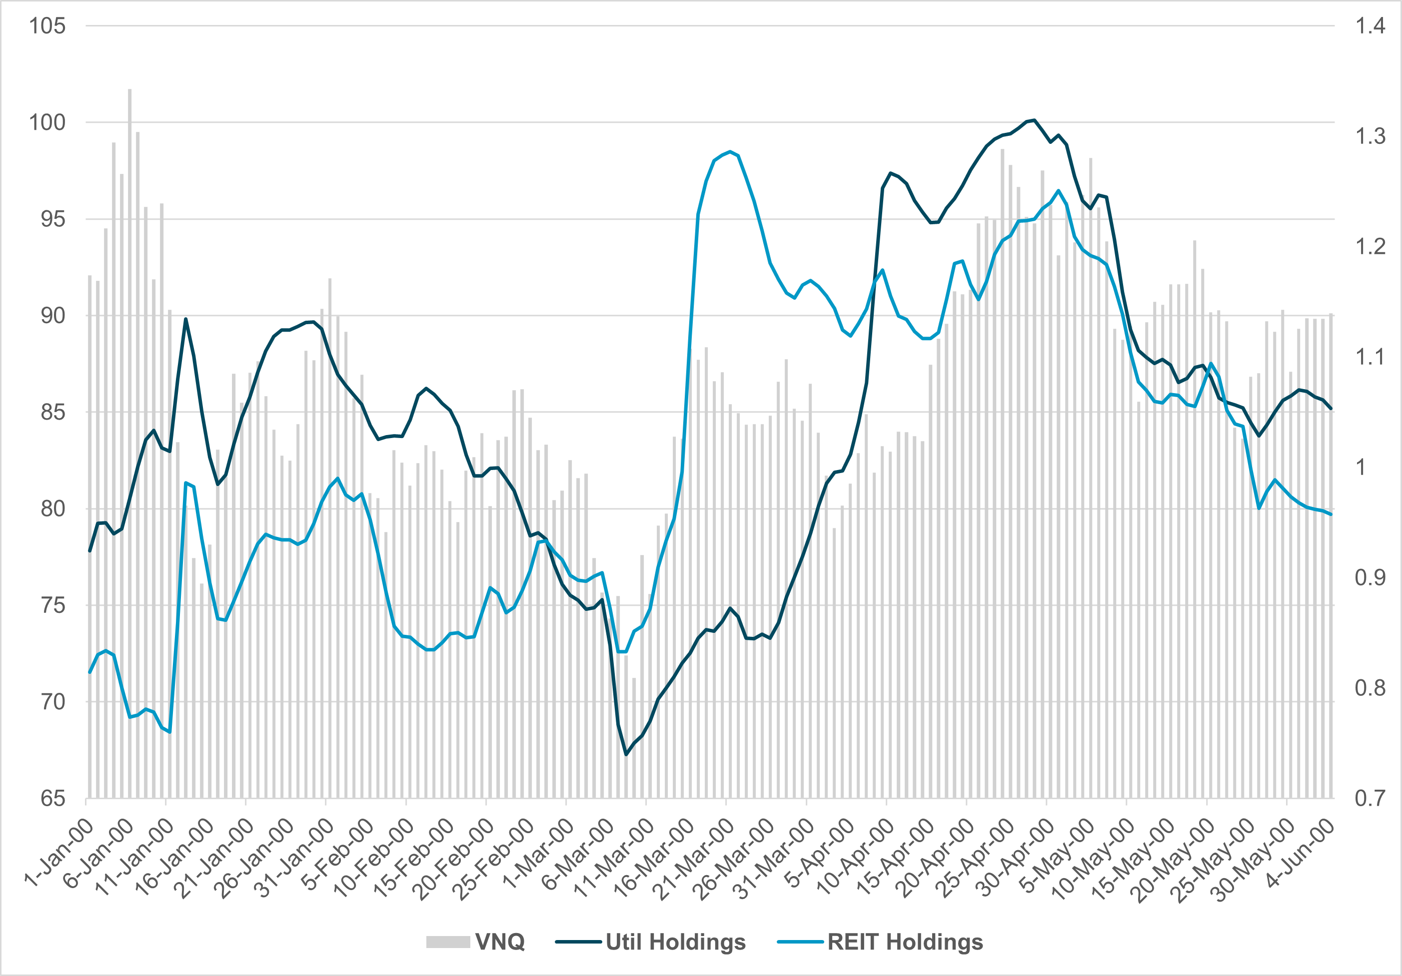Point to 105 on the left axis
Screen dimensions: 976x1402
(47, 25)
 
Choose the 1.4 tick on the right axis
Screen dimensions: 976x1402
(1370, 25)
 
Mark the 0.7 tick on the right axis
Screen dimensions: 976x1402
(1370, 798)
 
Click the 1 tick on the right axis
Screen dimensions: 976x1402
(1360, 468)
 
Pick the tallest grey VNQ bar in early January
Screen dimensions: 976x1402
(129, 91)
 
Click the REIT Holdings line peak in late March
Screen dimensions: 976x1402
(730, 151)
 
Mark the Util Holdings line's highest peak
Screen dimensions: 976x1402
(1034, 120)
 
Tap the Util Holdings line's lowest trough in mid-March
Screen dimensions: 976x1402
(625, 754)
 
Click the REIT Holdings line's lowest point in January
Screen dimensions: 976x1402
(170, 732)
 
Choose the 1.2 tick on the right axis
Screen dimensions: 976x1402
(1370, 247)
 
